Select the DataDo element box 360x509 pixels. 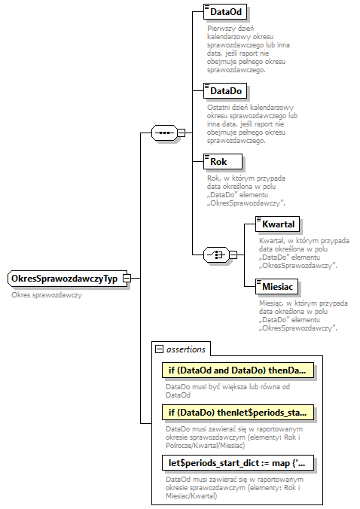(226, 90)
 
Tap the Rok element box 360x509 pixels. (223, 161)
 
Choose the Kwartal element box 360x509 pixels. (277, 224)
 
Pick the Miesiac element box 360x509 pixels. (277, 287)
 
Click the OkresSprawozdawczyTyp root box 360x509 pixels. (65, 279)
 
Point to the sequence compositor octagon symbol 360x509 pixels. (163, 133)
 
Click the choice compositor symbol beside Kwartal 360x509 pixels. (216, 255)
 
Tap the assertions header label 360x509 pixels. (186, 349)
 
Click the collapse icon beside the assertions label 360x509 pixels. (159, 349)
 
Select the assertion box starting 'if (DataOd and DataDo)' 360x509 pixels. (237, 370)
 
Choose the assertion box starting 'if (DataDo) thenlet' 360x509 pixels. (237, 413)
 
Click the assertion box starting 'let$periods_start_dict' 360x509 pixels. (237, 462)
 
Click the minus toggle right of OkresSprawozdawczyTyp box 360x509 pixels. (127, 279)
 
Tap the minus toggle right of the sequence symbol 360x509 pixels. (182, 133)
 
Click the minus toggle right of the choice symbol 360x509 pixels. (233, 255)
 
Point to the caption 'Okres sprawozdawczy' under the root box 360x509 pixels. (47, 294)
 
